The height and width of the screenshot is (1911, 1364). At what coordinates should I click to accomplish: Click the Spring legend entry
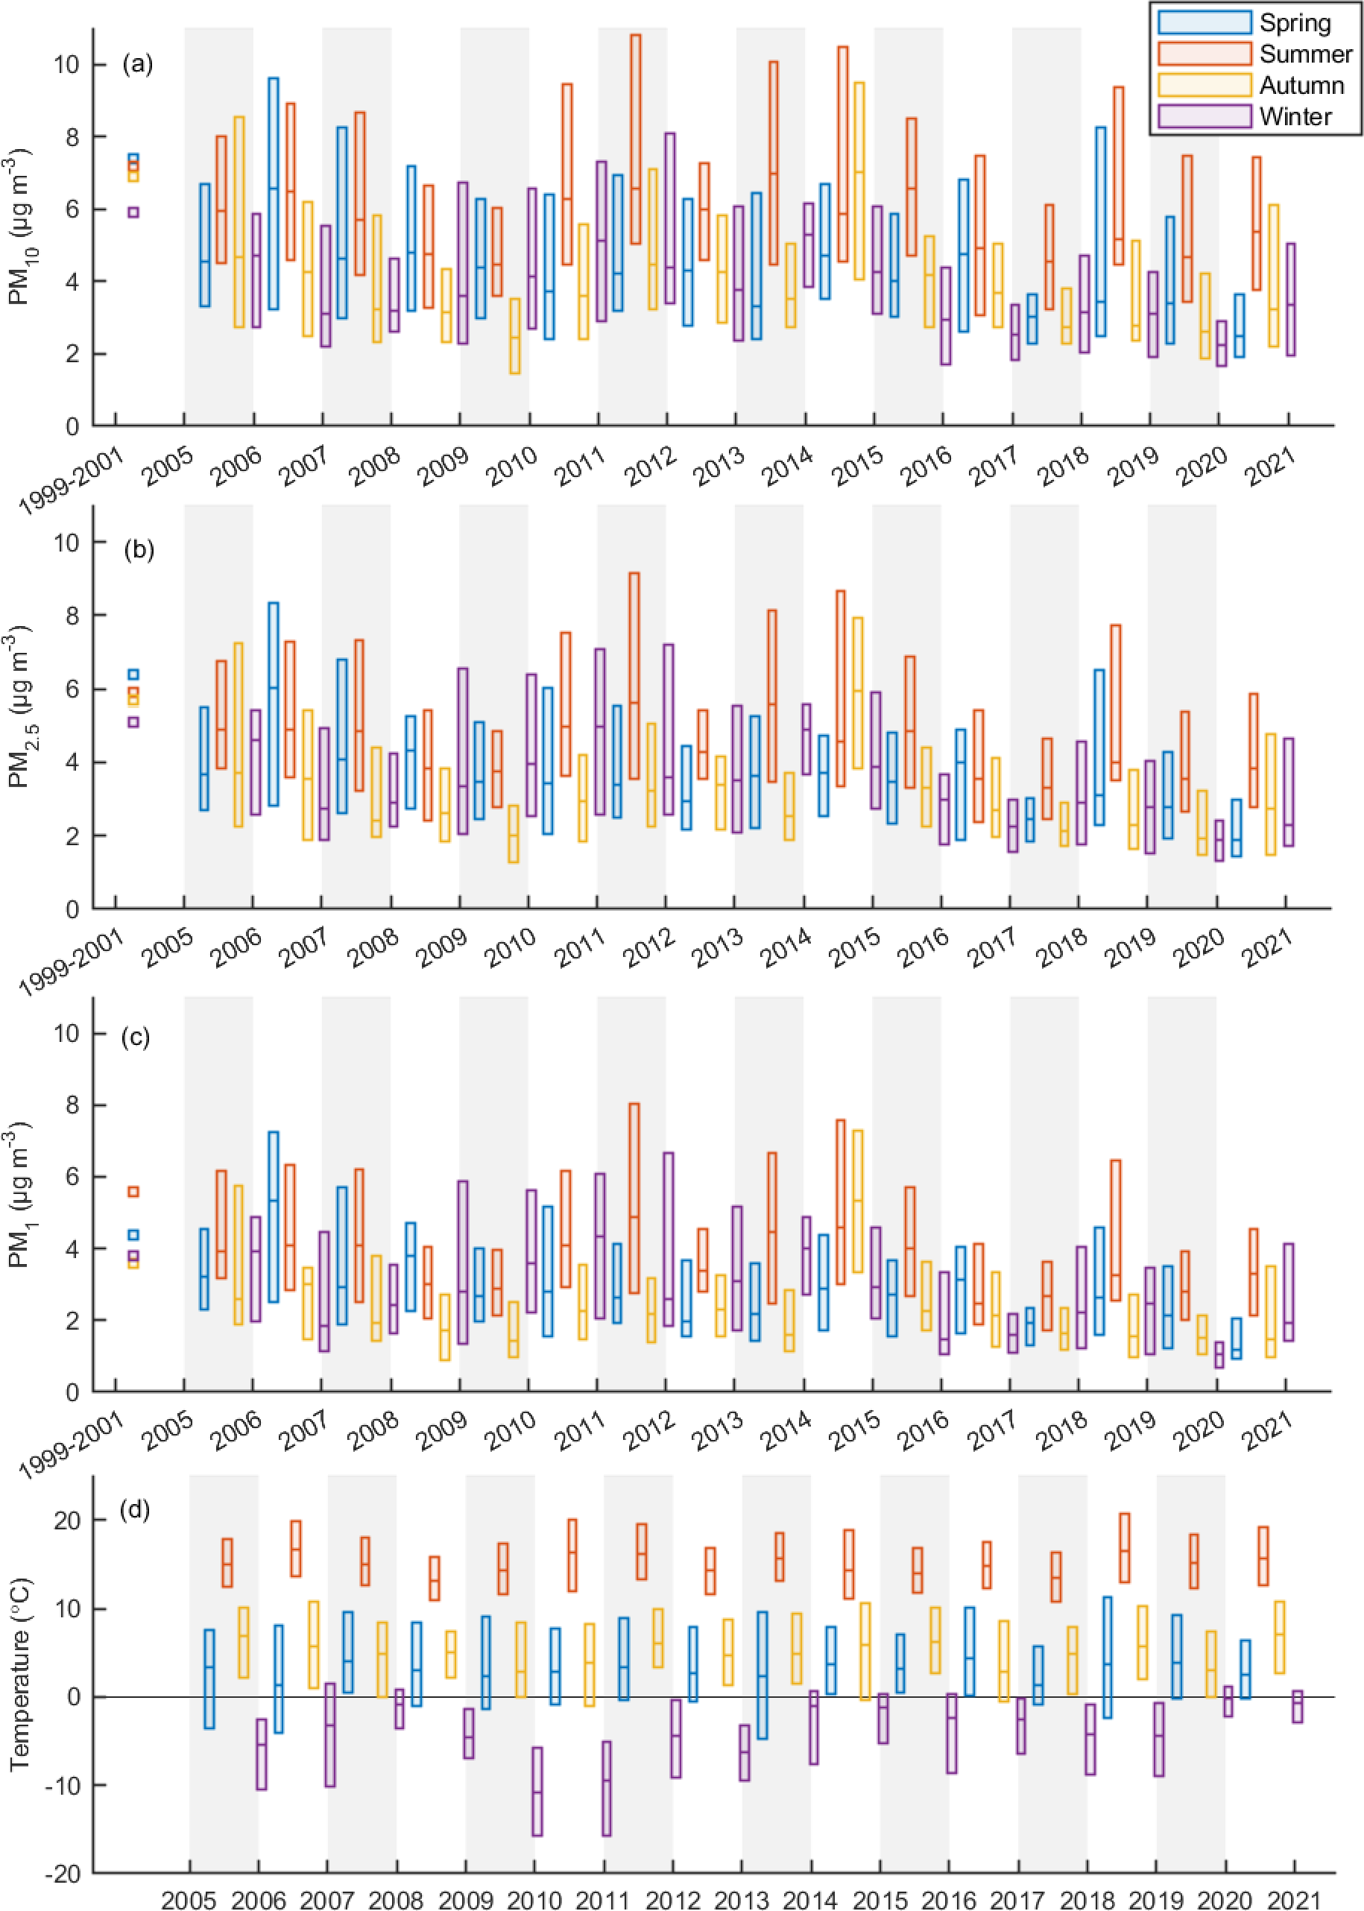pyautogui.click(x=1294, y=22)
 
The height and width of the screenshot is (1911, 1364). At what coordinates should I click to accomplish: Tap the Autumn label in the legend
pyautogui.click(x=1301, y=85)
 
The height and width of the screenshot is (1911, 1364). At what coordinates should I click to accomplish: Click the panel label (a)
pyautogui.click(x=138, y=65)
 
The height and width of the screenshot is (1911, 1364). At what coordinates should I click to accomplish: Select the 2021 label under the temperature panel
pyautogui.click(x=1293, y=1893)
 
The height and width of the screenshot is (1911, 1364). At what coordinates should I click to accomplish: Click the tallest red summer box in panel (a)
pyautogui.click(x=635, y=139)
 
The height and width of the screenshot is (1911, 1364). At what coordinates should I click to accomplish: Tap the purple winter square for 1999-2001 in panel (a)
pyautogui.click(x=133, y=212)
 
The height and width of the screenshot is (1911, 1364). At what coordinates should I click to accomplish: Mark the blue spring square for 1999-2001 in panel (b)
pyautogui.click(x=133, y=675)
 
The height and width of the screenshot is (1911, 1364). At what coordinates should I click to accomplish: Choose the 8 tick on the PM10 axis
pyautogui.click(x=72, y=137)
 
